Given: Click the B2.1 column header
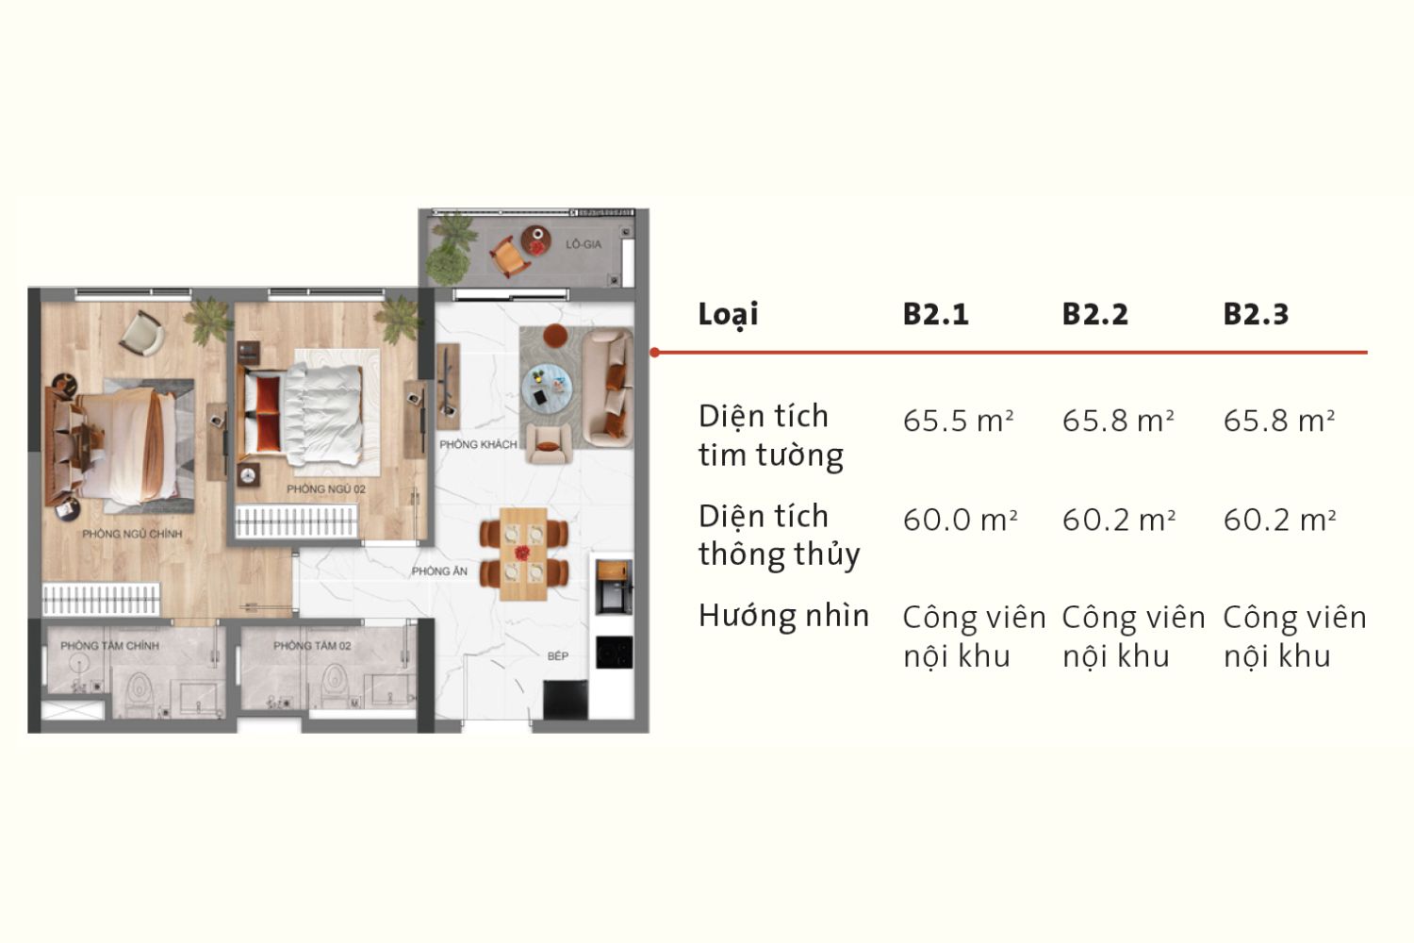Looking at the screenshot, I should coord(935,314).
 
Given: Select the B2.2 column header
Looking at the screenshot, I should coord(1094,314).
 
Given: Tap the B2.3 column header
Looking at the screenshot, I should coord(1255,314).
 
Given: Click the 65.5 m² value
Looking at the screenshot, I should coord(958,421).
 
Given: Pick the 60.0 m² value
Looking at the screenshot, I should coord(960,520).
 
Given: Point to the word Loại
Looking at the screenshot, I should coord(728,314).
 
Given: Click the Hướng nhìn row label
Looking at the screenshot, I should coord(783,616).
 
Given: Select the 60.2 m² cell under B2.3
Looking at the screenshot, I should coord(1279,520).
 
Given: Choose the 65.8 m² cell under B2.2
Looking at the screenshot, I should coord(1118,421).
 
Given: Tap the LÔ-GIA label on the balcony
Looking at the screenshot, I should coord(583,244).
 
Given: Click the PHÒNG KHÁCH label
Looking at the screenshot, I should coord(478,444).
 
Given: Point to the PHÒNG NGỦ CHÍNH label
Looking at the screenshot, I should coord(132,534).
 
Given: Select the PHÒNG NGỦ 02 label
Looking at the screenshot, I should coord(326,489).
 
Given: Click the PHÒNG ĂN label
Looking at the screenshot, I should coord(439,571).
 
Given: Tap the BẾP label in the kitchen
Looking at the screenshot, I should coord(558,656).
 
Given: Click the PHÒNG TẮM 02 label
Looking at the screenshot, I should coord(312,646).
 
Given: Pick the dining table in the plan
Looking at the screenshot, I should coord(523,554).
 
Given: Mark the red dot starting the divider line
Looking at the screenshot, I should coord(655,353).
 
